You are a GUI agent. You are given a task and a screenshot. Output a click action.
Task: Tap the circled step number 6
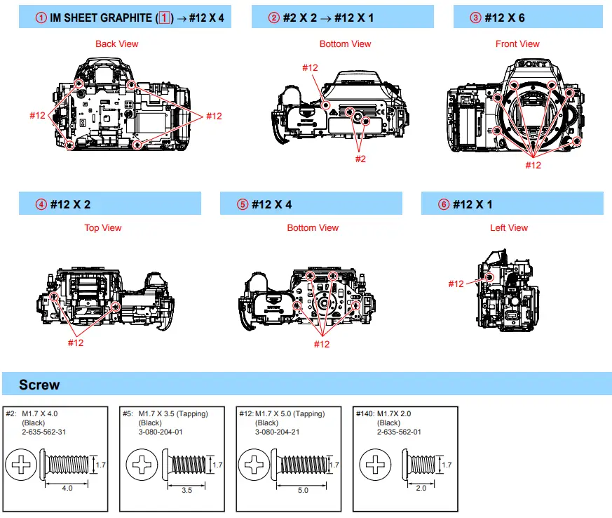pyautogui.click(x=443, y=204)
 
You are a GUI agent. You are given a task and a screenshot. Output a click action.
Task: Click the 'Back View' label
pyautogui.click(x=116, y=44)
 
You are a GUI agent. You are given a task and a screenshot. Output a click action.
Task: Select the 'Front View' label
pyautogui.click(x=517, y=44)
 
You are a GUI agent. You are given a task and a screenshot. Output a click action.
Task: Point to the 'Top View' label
pyautogui.click(x=103, y=227)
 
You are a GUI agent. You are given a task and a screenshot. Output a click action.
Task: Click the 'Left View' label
pyautogui.click(x=509, y=227)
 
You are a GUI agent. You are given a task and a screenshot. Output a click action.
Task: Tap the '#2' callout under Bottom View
pyautogui.click(x=360, y=159)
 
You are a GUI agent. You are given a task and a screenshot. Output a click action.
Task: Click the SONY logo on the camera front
pyautogui.click(x=531, y=64)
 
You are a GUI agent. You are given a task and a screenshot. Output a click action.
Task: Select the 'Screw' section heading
pyautogui.click(x=39, y=385)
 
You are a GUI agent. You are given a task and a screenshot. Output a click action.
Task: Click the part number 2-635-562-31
pyautogui.click(x=44, y=432)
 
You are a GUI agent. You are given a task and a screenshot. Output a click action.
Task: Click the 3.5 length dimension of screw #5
pyautogui.click(x=186, y=490)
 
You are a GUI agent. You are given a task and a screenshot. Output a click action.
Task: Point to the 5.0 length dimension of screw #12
pyautogui.click(x=302, y=490)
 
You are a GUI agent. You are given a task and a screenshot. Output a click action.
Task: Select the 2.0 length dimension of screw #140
pyautogui.click(x=420, y=488)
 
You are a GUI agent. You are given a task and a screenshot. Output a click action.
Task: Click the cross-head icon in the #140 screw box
pyautogui.click(x=377, y=464)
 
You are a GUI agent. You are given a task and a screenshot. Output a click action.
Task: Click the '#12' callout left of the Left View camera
pyautogui.click(x=456, y=284)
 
